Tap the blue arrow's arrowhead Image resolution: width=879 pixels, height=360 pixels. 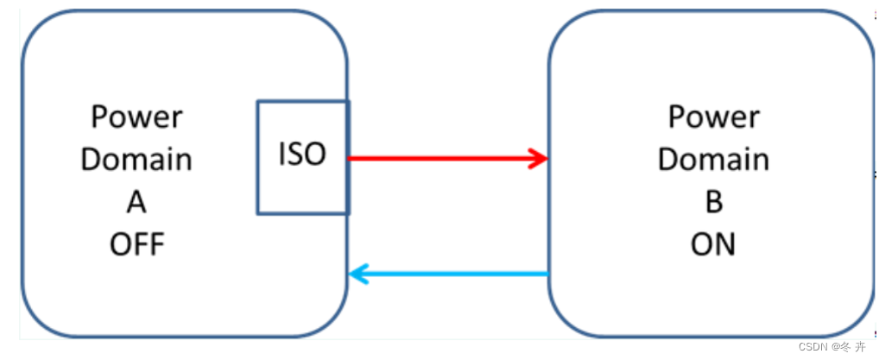357,275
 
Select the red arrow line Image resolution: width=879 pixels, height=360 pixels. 440,158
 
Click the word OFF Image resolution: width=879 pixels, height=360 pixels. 136,245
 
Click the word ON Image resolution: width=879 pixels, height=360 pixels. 713,245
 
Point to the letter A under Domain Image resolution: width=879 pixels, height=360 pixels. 136,202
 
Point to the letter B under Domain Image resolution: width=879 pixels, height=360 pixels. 714,202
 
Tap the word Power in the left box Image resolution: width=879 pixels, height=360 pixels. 136,117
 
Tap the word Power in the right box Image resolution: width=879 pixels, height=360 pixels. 714,117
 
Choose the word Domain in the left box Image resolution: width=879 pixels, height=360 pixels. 136,160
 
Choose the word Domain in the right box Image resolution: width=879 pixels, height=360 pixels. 714,160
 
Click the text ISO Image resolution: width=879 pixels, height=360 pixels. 302,155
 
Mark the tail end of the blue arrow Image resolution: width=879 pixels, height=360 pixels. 547,275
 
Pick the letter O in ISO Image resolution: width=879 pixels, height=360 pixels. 315,155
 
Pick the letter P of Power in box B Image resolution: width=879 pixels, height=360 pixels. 678,117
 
